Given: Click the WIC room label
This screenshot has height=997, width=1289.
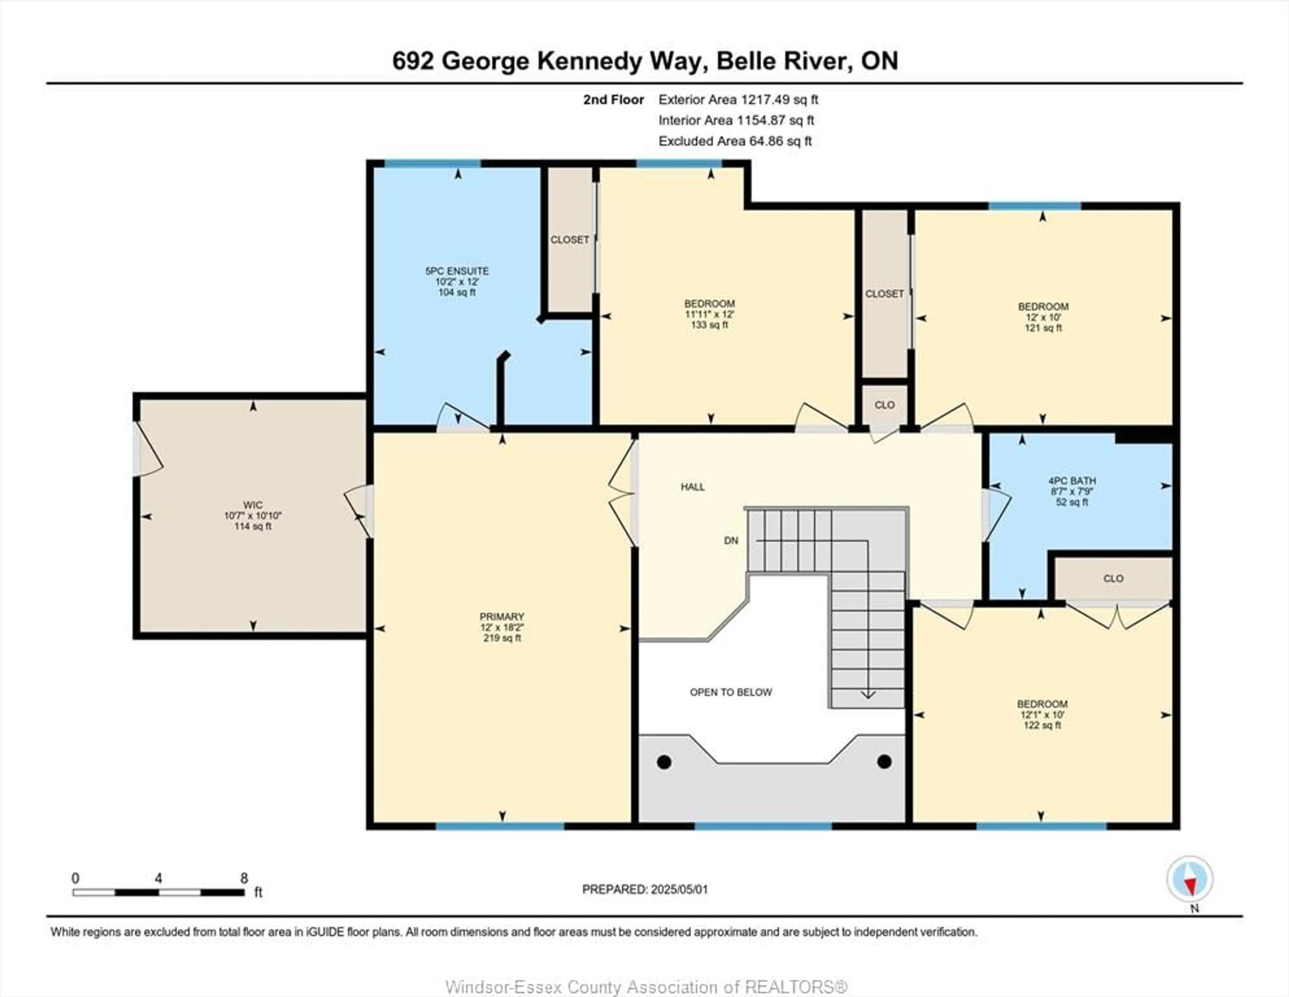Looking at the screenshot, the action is [x=253, y=505].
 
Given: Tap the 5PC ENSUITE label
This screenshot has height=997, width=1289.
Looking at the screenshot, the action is [x=457, y=271].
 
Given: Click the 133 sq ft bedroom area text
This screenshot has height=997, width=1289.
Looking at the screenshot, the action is [x=709, y=325].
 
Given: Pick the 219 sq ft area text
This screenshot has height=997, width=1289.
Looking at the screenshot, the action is [x=502, y=638].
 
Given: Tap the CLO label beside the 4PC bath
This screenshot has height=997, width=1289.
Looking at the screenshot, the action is [x=1113, y=578].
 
